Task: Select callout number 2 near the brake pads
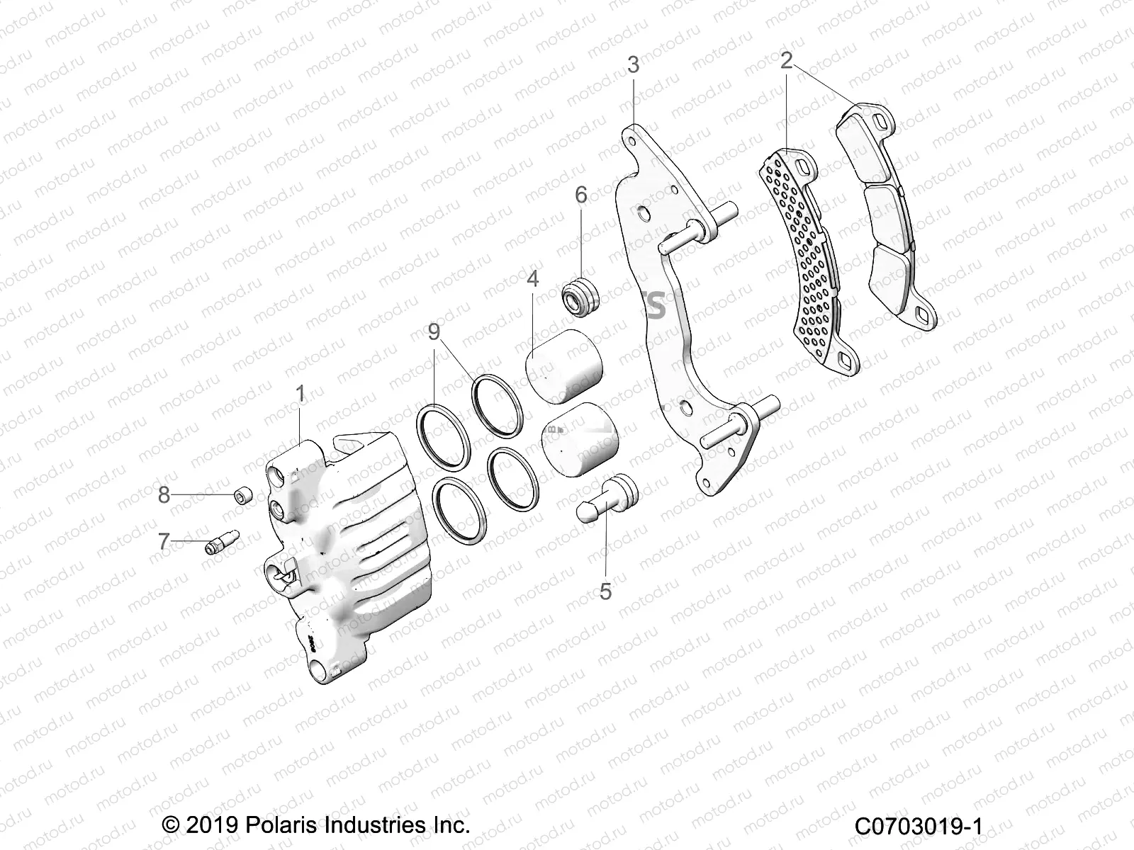coord(785,61)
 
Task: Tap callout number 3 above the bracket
coord(633,65)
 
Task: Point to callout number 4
coord(532,279)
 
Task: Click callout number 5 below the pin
coord(605,591)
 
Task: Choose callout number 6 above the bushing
coord(580,195)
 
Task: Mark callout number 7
coord(164,543)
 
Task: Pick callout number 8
coord(164,494)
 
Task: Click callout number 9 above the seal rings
coord(433,332)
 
